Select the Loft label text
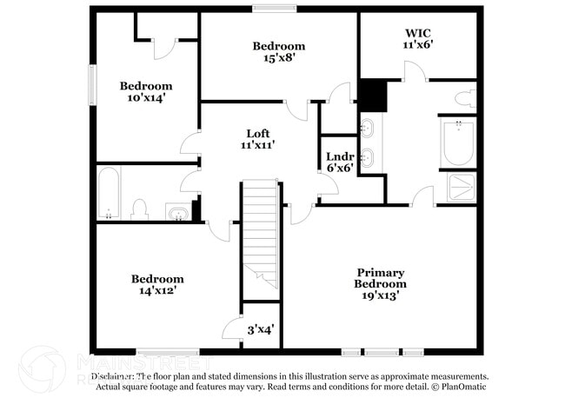coord(258,133)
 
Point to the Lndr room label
coord(339,157)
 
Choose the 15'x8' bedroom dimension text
coord(279,58)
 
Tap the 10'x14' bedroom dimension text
coord(145,98)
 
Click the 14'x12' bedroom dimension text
coord(157,291)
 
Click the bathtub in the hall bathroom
coord(109,193)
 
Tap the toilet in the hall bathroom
coord(139,209)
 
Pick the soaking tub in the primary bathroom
coord(457,143)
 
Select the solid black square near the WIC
coord(373,96)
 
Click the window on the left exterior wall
coord(91,87)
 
